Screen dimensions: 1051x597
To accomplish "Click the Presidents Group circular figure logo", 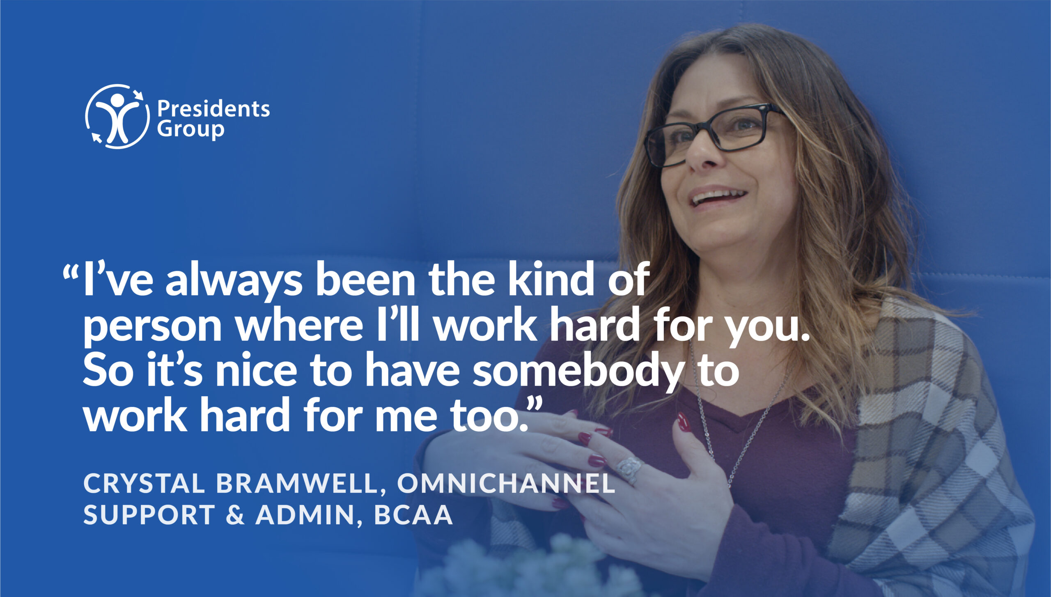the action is (117, 116).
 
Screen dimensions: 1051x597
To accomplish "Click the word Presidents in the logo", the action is (213, 109).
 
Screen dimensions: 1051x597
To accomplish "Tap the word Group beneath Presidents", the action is (190, 130).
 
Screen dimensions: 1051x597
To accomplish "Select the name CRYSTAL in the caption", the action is (144, 483).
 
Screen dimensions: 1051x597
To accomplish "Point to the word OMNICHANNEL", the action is (506, 483).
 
